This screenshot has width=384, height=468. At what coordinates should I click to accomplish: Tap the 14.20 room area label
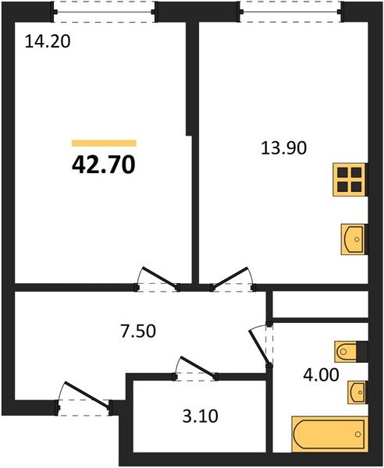tap(48, 43)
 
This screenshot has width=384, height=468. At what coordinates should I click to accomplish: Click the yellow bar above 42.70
tap(104, 144)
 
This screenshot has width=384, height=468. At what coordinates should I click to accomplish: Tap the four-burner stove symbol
tap(349, 181)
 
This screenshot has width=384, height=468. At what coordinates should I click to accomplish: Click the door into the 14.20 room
tap(156, 278)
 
